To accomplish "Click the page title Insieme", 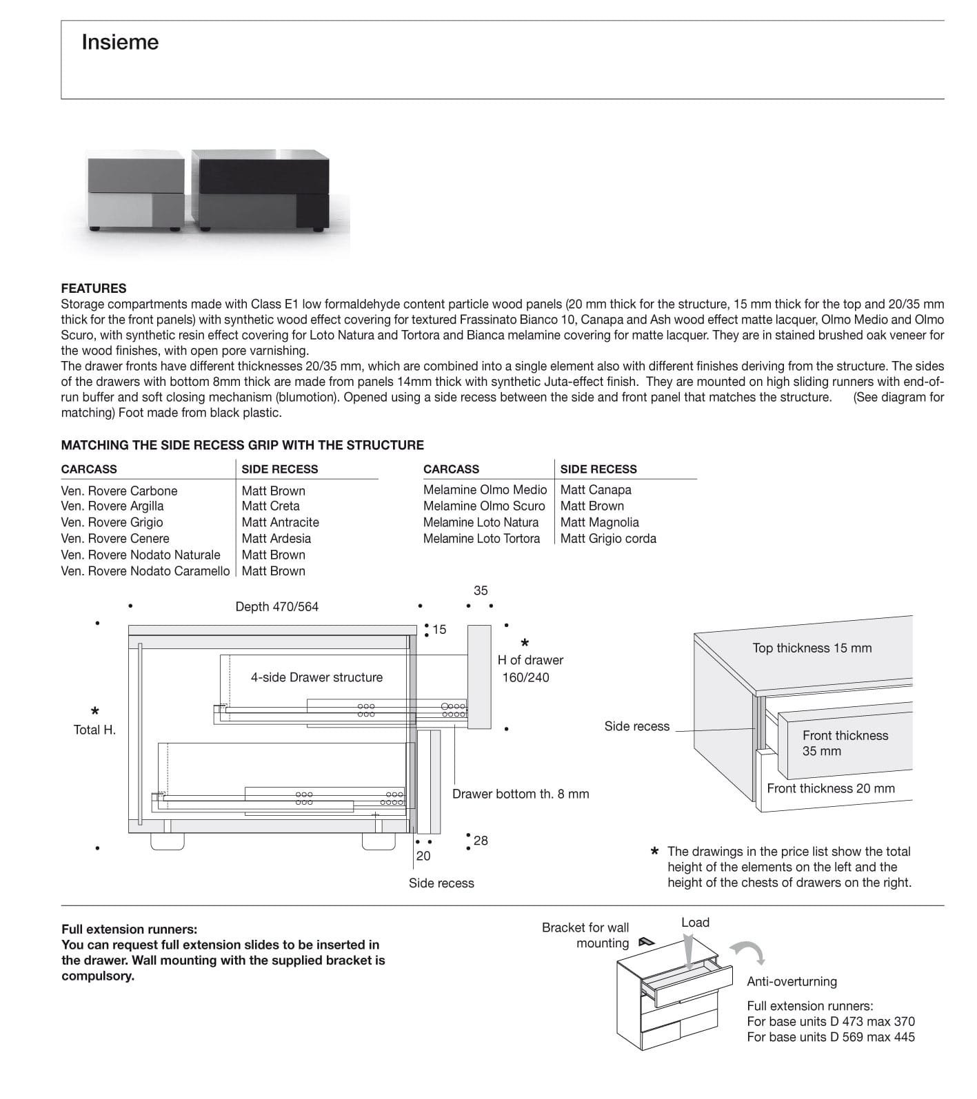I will (120, 43).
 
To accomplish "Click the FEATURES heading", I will (94, 288).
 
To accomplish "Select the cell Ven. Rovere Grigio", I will (112, 522).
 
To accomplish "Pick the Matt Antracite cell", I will (280, 522).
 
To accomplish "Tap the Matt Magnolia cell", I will (599, 522).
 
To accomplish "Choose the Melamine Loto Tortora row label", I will (481, 539).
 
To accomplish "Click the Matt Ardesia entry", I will (276, 539).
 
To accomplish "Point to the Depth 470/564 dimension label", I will (277, 607).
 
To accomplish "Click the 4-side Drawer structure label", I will (316, 677).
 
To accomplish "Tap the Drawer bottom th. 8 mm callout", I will (521, 794).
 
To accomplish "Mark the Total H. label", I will (94, 730).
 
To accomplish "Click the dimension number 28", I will (481, 841).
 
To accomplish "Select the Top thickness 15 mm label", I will (812, 648).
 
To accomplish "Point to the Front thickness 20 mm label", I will (830, 788).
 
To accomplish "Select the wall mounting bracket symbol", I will (645, 942).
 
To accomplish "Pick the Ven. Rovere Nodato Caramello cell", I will (145, 571).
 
